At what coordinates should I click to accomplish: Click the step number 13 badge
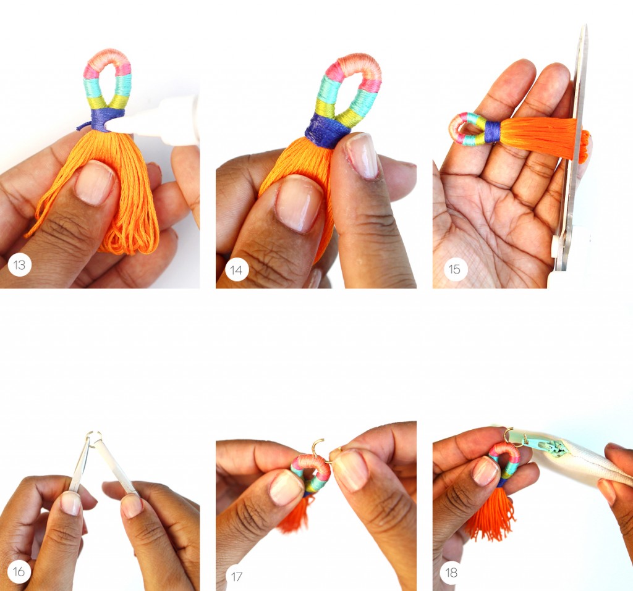pos(19,265)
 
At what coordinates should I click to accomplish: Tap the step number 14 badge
pos(236,269)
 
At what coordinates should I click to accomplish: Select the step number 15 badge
pos(454,269)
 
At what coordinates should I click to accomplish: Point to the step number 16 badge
pos(19,571)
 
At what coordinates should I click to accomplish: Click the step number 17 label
pos(236,576)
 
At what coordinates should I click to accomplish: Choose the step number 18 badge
pos(451,572)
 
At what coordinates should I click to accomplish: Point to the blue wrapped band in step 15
pos(492,132)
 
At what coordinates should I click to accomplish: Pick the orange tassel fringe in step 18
pos(490,513)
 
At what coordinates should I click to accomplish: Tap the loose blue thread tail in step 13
pos(85,126)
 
